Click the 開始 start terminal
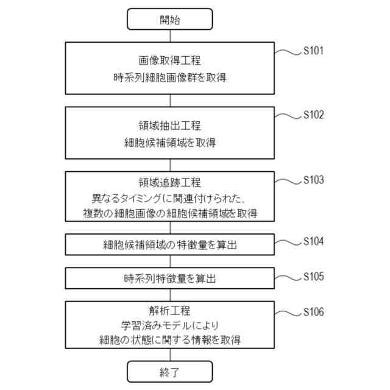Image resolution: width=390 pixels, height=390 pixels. pyautogui.click(x=169, y=19)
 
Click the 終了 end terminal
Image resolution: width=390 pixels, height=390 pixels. pyautogui.click(x=169, y=371)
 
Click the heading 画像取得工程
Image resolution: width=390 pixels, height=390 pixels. pyautogui.click(x=169, y=61)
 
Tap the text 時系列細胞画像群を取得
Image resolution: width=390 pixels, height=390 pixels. pyautogui.click(x=169, y=77)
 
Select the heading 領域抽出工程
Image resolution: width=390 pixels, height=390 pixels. pyautogui.click(x=169, y=126)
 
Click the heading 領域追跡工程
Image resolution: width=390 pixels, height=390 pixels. pyautogui.click(x=169, y=183)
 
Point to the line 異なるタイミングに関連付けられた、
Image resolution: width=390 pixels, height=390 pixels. pyautogui.click(x=169, y=198)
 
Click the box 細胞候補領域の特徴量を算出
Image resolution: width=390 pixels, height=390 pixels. pyautogui.click(x=169, y=245)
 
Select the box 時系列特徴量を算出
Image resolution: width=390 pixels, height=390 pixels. pyautogui.click(x=169, y=279)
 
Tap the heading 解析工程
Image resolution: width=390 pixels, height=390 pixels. pyautogui.click(x=169, y=310)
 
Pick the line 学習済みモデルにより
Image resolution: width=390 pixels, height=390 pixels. pyautogui.click(x=169, y=325)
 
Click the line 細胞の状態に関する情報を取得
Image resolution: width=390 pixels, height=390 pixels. pyautogui.click(x=169, y=340)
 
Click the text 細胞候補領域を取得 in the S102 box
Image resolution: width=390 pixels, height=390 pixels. pyautogui.click(x=169, y=143)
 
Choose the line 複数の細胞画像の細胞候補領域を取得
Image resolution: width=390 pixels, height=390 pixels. pyautogui.click(x=169, y=213)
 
